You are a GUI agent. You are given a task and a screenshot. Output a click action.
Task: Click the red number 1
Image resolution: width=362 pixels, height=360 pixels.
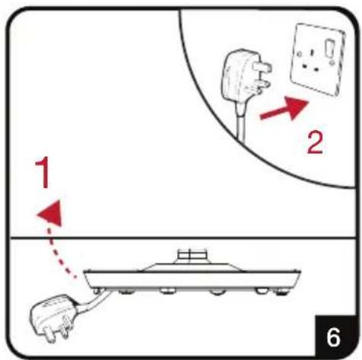click(x=43, y=172)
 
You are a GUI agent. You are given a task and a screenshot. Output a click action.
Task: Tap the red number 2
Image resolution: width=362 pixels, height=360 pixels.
click(x=315, y=143)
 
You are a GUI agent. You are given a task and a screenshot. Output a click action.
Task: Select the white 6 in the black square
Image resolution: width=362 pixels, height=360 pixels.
click(x=333, y=337)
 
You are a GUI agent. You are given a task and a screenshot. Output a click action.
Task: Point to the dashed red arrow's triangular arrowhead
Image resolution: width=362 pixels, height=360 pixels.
click(x=51, y=212)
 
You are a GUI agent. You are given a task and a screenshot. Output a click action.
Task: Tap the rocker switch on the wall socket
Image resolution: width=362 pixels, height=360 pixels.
click(x=330, y=47)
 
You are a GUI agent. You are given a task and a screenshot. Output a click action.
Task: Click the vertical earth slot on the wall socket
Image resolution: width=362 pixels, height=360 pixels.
click(x=311, y=53)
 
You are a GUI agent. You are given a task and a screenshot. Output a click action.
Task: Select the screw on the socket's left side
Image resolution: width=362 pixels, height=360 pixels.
click(x=299, y=54)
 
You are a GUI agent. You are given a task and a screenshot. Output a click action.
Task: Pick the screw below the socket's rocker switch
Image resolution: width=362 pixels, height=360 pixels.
click(x=332, y=62)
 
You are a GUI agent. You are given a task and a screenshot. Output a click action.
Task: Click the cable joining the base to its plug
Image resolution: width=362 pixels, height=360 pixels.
click(x=93, y=301)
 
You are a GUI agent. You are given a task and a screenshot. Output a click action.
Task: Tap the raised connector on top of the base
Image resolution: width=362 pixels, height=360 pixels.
click(x=192, y=256)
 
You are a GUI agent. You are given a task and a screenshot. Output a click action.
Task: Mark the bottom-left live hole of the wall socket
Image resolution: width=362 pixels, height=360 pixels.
click(x=304, y=67)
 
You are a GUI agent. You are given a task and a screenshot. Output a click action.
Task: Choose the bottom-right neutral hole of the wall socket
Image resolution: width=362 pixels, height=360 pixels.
click(x=316, y=69)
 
